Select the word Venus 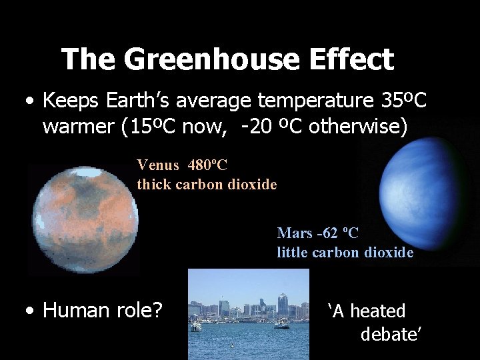click(158, 165)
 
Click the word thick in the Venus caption click(154, 184)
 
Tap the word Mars click(293, 233)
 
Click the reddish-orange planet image click(83, 217)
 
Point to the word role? click(139, 311)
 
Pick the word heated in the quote click(378, 311)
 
